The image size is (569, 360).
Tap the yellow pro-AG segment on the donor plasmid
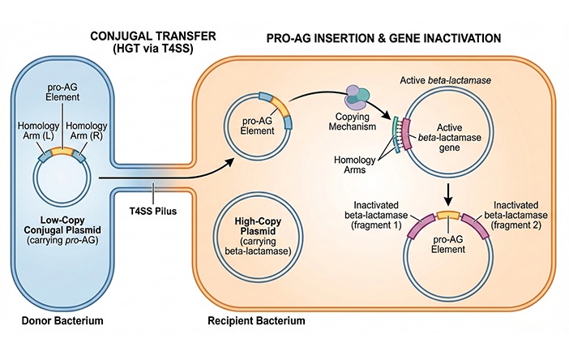click(x=62, y=152)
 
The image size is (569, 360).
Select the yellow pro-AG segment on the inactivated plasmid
click(x=446, y=216)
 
